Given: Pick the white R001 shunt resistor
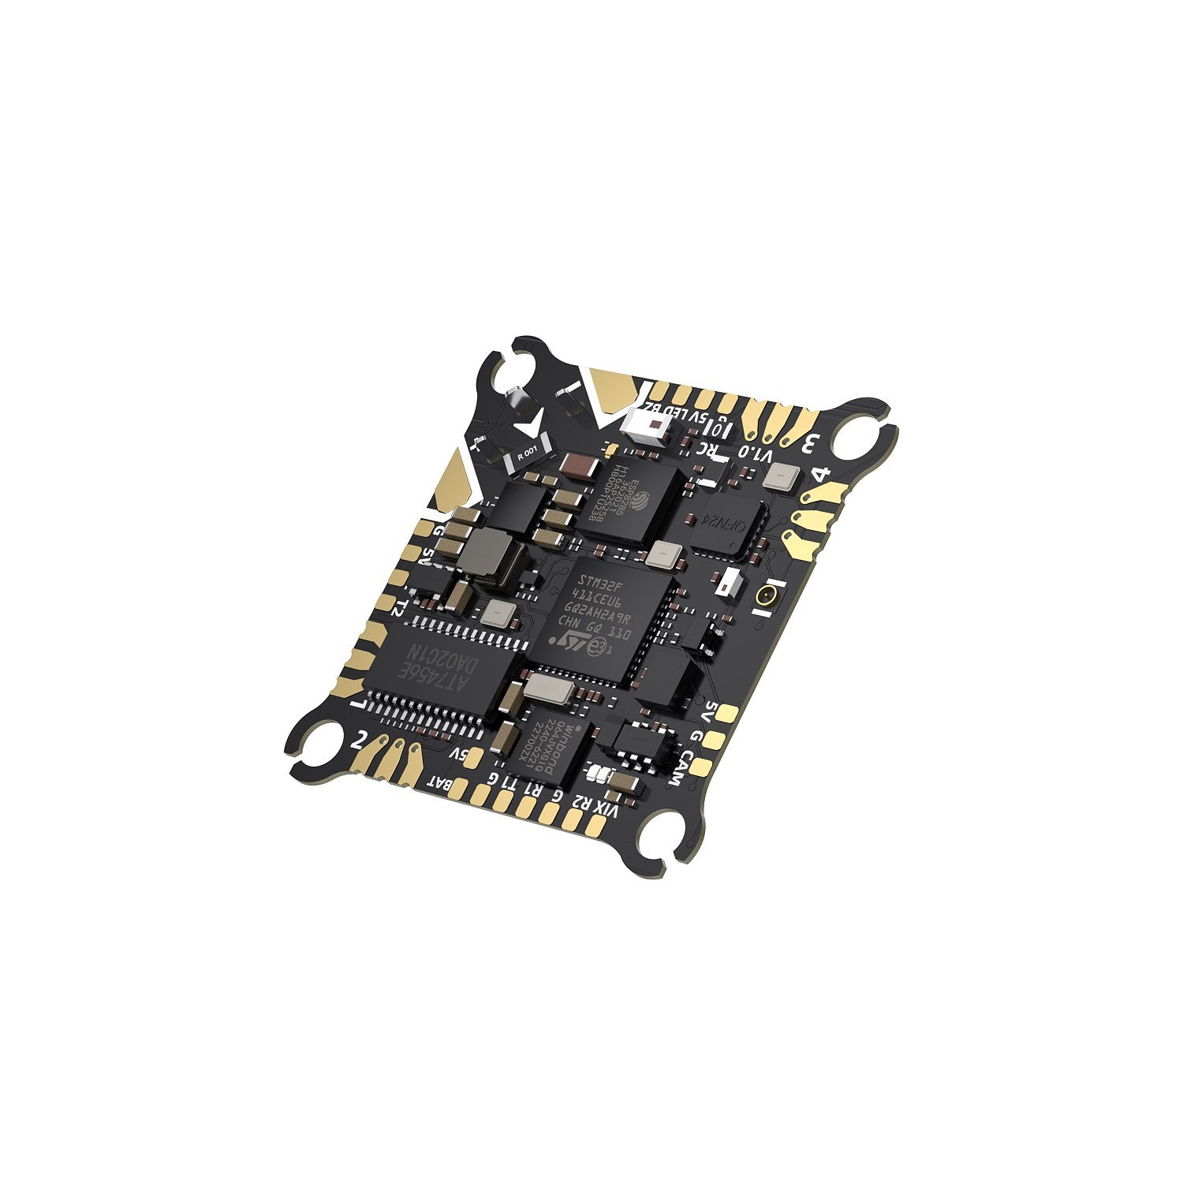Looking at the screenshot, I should [526, 454].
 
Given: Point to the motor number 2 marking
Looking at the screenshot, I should [360, 741].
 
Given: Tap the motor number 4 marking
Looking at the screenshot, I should [821, 476].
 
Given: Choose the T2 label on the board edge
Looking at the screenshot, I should [400, 606].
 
